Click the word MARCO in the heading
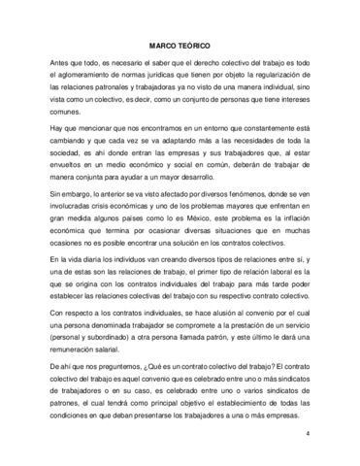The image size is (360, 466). coord(161,47)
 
